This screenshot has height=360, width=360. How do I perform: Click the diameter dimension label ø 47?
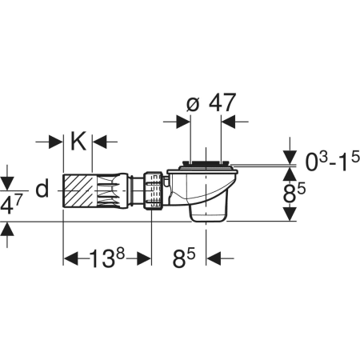(211, 102)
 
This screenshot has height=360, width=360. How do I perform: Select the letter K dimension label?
(78, 141)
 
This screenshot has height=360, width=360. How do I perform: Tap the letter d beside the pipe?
(42, 188)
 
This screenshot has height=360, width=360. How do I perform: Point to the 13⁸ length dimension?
(107, 258)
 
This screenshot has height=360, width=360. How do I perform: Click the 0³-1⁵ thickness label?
(332, 162)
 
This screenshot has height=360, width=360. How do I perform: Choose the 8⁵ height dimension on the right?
(294, 193)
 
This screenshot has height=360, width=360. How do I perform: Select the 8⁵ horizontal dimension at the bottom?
(184, 258)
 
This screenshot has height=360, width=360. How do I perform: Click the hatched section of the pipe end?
(78, 190)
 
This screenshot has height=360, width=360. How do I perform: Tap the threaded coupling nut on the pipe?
(153, 190)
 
